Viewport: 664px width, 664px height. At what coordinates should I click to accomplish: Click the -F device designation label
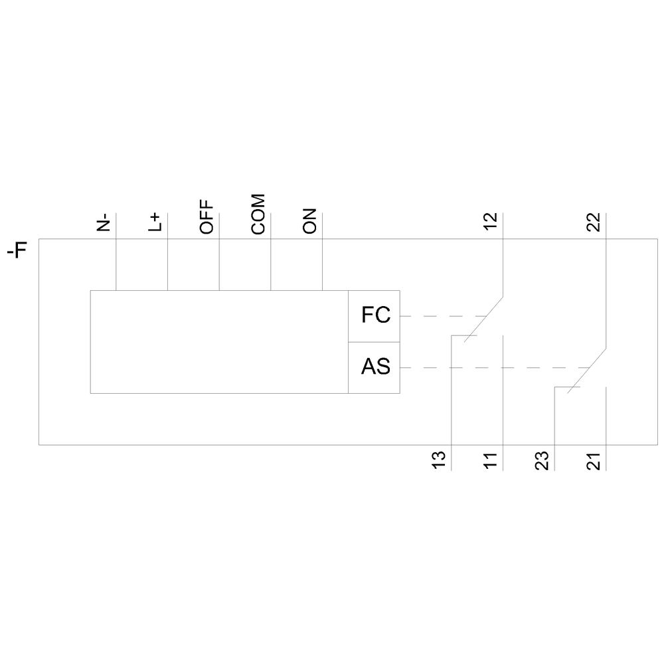pyautogui.click(x=17, y=250)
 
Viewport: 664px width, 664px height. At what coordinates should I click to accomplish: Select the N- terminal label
pyautogui.click(x=104, y=222)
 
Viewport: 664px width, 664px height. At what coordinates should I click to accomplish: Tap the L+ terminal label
pyautogui.click(x=155, y=222)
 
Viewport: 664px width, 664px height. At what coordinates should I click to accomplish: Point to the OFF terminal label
pyautogui.click(x=207, y=217)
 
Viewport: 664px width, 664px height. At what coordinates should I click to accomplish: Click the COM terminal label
pyautogui.click(x=258, y=214)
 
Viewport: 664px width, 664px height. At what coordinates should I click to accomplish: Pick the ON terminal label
pyautogui.click(x=309, y=221)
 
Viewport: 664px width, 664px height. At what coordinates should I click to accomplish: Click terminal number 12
pyautogui.click(x=491, y=222)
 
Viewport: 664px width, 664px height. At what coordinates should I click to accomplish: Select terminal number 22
pyautogui.click(x=594, y=222)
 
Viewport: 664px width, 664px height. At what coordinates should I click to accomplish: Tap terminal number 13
pyautogui.click(x=439, y=460)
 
